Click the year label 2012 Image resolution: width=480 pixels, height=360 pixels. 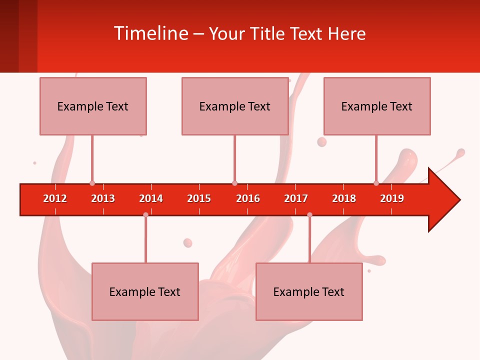pos(55,198)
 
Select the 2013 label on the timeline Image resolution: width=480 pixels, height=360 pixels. pos(103,198)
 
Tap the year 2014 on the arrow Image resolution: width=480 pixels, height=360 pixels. pos(151,198)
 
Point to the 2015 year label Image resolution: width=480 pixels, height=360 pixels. pos(199,198)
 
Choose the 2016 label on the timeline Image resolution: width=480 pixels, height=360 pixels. pos(248,198)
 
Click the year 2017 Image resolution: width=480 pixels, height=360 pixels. pos(296,198)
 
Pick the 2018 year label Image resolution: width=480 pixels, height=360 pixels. pos(344,198)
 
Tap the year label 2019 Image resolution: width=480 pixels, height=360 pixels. pos(392,198)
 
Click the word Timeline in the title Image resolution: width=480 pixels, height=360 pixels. pos(150,33)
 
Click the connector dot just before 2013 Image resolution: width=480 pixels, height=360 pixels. pos(92,183)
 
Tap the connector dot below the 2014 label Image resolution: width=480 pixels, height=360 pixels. pos(145,214)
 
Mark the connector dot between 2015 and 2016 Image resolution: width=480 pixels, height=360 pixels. pos(234,183)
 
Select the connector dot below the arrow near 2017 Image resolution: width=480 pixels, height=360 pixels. pos(309,214)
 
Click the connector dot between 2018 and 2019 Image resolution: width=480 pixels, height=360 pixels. pos(376,183)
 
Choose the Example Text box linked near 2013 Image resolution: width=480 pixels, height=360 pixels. pos(93,106)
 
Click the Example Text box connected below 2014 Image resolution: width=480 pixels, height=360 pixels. pos(145,291)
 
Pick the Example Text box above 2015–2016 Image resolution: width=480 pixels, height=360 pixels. pos(235,106)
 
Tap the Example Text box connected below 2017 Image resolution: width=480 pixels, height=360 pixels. pos(309,291)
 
